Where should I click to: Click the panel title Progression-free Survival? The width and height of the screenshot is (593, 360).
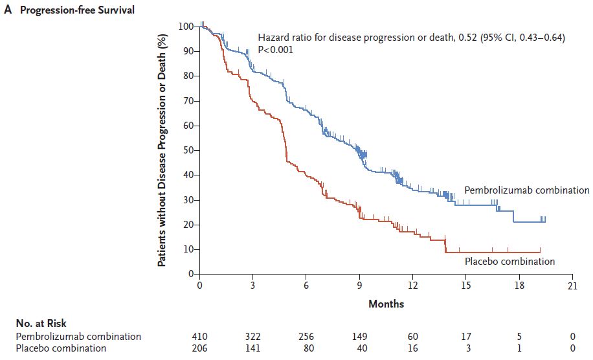(x=77, y=11)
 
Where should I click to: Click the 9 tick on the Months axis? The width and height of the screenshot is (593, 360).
(x=360, y=285)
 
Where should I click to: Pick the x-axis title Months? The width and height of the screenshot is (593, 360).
(x=386, y=303)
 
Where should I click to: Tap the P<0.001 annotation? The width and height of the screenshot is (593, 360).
(x=276, y=49)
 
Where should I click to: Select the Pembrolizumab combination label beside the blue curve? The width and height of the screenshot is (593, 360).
(x=526, y=190)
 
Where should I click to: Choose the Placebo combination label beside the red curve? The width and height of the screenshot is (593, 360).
(x=509, y=262)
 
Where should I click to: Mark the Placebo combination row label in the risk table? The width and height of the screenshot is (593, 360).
(x=62, y=348)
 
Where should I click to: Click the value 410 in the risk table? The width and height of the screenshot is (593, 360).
(x=200, y=337)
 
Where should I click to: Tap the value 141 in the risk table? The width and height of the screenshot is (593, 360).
(x=253, y=348)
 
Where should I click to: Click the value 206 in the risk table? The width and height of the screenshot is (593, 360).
(x=200, y=348)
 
